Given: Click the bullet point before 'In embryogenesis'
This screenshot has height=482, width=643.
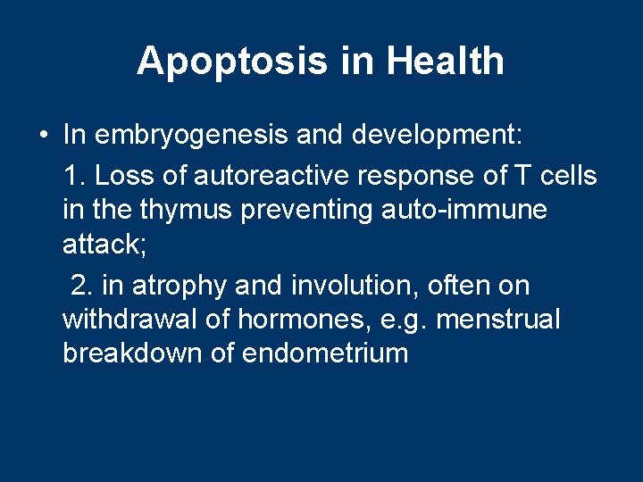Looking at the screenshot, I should [43, 137].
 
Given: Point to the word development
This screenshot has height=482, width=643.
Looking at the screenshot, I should [438, 137].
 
